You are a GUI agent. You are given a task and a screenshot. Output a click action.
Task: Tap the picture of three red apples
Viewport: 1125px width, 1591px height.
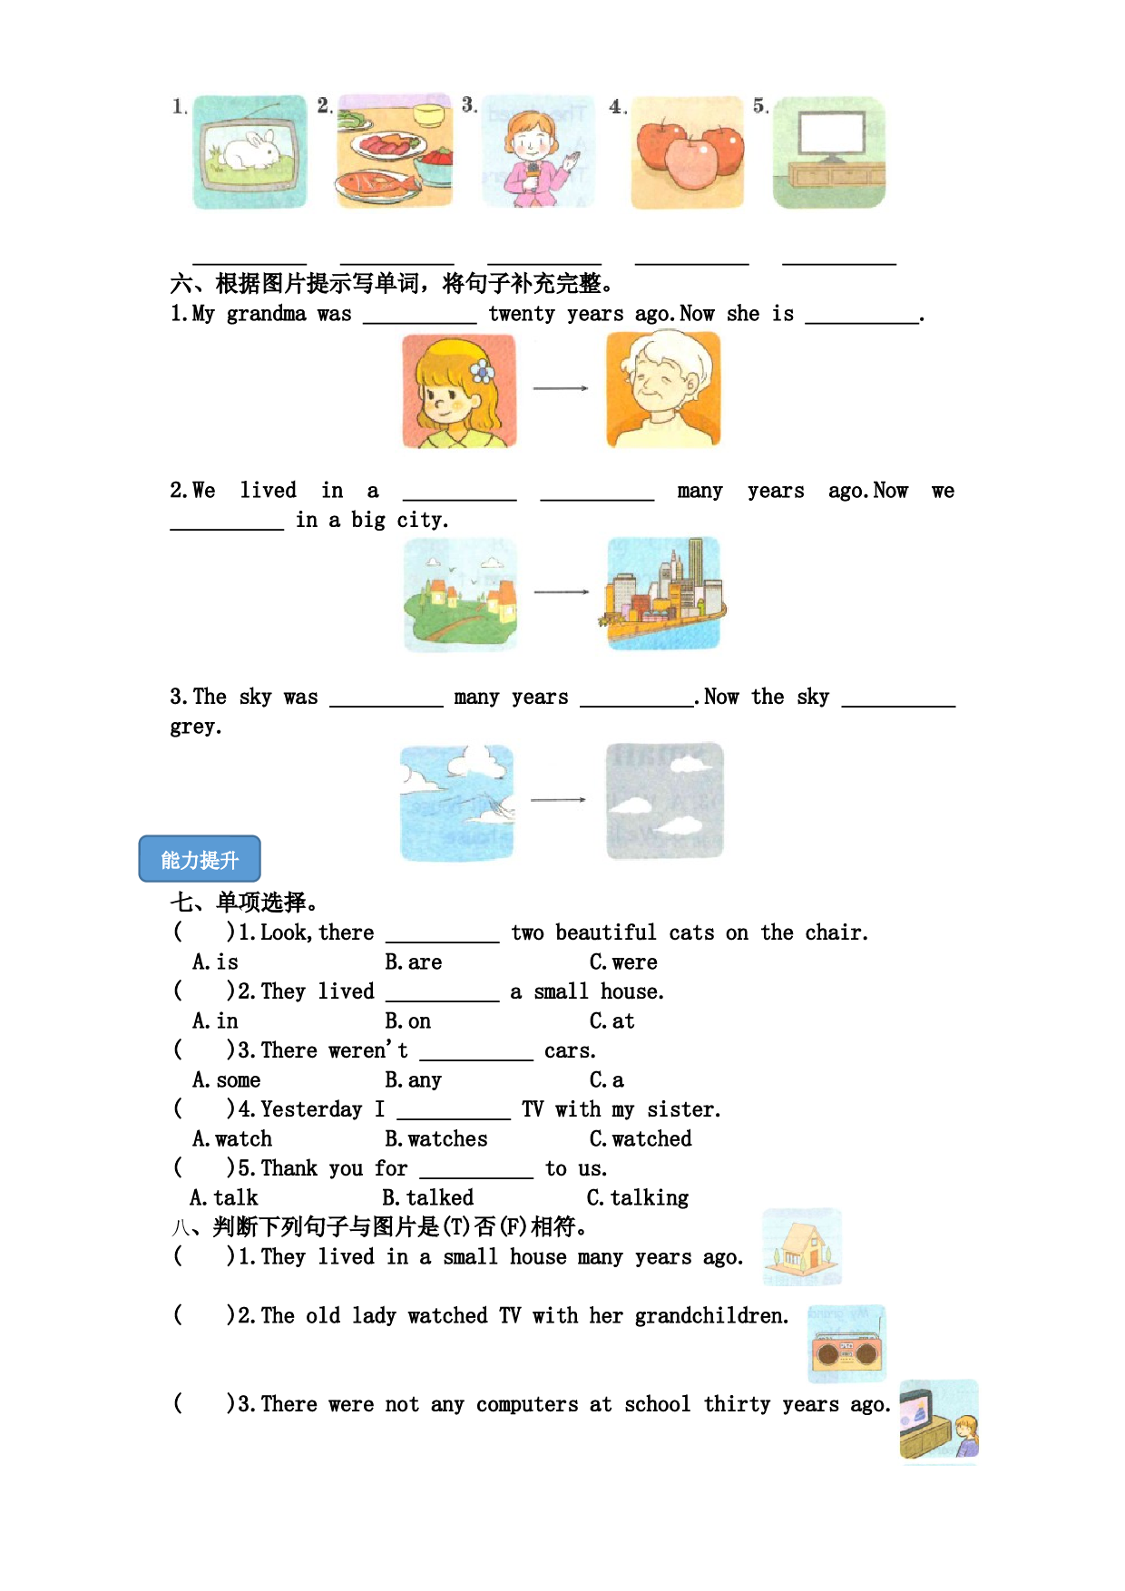(x=688, y=152)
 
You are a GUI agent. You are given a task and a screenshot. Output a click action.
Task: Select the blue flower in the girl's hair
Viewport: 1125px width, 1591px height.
(x=482, y=371)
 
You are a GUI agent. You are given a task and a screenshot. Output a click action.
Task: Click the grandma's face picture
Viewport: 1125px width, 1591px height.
(x=664, y=389)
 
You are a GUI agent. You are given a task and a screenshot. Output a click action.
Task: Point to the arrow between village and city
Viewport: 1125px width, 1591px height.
(x=562, y=592)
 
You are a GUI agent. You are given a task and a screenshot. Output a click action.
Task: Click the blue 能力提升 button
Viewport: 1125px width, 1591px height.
(x=200, y=859)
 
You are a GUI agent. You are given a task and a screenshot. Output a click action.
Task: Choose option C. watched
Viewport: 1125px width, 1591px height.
(x=641, y=1138)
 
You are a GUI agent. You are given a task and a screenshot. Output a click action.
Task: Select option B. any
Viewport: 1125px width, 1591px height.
(x=413, y=1080)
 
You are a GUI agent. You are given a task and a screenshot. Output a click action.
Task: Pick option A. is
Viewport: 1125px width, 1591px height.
(x=215, y=961)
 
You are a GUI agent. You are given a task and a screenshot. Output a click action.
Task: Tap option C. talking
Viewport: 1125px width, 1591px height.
(x=638, y=1198)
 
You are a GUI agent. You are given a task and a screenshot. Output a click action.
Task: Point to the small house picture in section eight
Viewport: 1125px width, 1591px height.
(x=802, y=1246)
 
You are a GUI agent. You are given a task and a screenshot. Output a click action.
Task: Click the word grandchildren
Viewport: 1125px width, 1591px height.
(x=711, y=1316)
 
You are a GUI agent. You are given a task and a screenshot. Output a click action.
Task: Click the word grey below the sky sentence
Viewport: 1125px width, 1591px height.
(x=195, y=727)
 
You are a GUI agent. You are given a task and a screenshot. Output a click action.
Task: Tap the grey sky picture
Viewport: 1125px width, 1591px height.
(x=665, y=800)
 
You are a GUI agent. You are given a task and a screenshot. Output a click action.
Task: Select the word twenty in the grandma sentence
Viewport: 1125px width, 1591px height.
(x=522, y=314)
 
